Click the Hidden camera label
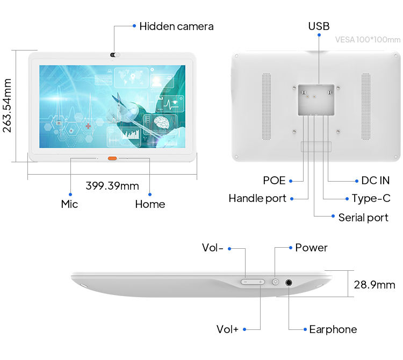click(176, 26)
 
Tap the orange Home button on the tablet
click(112, 159)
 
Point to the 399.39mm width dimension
click(112, 186)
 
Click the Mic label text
click(69, 204)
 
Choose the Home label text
click(150, 204)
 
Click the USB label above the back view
click(319, 26)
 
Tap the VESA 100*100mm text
click(368, 40)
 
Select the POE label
click(274, 181)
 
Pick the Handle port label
click(257, 198)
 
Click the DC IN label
click(372, 181)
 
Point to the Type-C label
click(371, 198)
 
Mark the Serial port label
click(363, 218)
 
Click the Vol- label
click(213, 248)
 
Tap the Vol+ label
click(227, 329)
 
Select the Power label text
click(311, 248)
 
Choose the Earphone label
click(333, 329)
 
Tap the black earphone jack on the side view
click(289, 282)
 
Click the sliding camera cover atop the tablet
click(114, 54)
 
